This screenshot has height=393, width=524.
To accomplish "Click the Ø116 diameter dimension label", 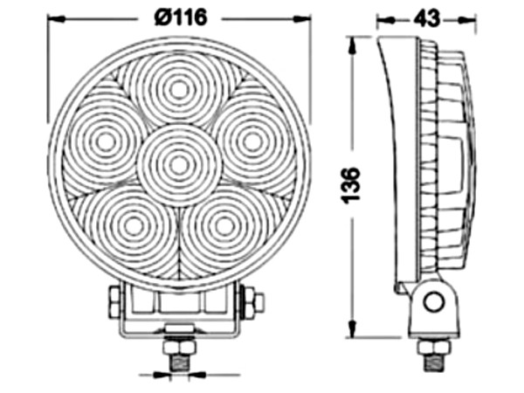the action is (x=181, y=17).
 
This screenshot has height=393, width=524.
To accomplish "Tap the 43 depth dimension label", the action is (x=426, y=18).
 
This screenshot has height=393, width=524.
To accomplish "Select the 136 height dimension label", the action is (x=350, y=185).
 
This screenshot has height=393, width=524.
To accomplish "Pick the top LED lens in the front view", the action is (x=179, y=90).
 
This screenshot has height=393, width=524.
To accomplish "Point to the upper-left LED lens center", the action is (x=105, y=142).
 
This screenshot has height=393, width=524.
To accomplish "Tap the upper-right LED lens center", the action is (x=252, y=141).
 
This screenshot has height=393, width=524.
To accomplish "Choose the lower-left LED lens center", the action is (x=134, y=225).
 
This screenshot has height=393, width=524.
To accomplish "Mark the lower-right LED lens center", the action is (x=224, y=225).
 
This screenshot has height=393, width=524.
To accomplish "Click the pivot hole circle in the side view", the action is (x=434, y=302).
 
